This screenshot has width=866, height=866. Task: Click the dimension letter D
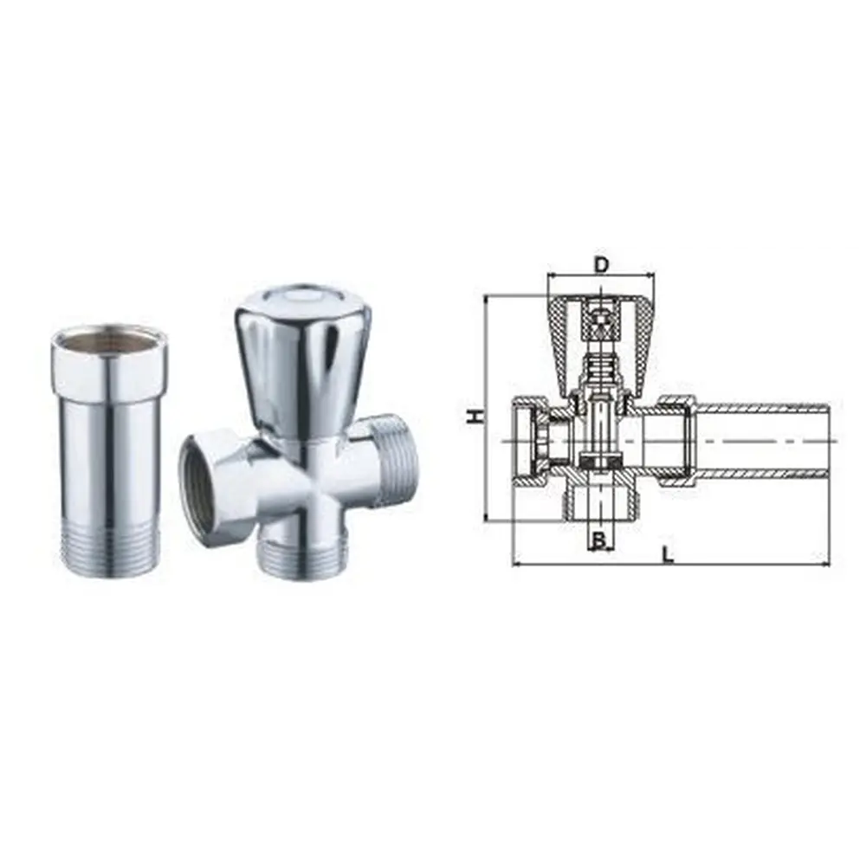[x=601, y=265]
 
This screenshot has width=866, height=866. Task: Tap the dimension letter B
[x=599, y=540]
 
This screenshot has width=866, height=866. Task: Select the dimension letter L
[x=669, y=554]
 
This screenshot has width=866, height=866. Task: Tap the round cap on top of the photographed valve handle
[x=301, y=298]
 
